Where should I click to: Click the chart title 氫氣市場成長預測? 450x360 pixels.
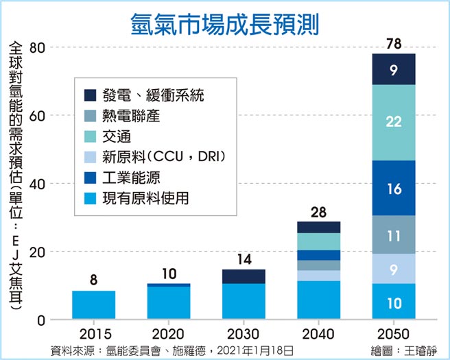point(224,22)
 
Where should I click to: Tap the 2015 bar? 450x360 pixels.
point(94,305)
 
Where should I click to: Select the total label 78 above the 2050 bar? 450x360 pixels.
point(394,44)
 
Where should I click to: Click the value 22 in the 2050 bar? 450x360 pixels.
point(394,122)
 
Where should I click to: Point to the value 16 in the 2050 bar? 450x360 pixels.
point(394,188)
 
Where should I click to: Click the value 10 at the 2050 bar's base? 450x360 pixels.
point(394,302)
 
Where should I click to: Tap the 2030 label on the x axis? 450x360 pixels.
point(244,334)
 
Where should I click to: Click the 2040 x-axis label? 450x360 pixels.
point(319,334)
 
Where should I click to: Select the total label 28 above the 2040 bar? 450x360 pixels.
point(319,212)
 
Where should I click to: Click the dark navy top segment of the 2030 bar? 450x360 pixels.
point(244,276)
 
